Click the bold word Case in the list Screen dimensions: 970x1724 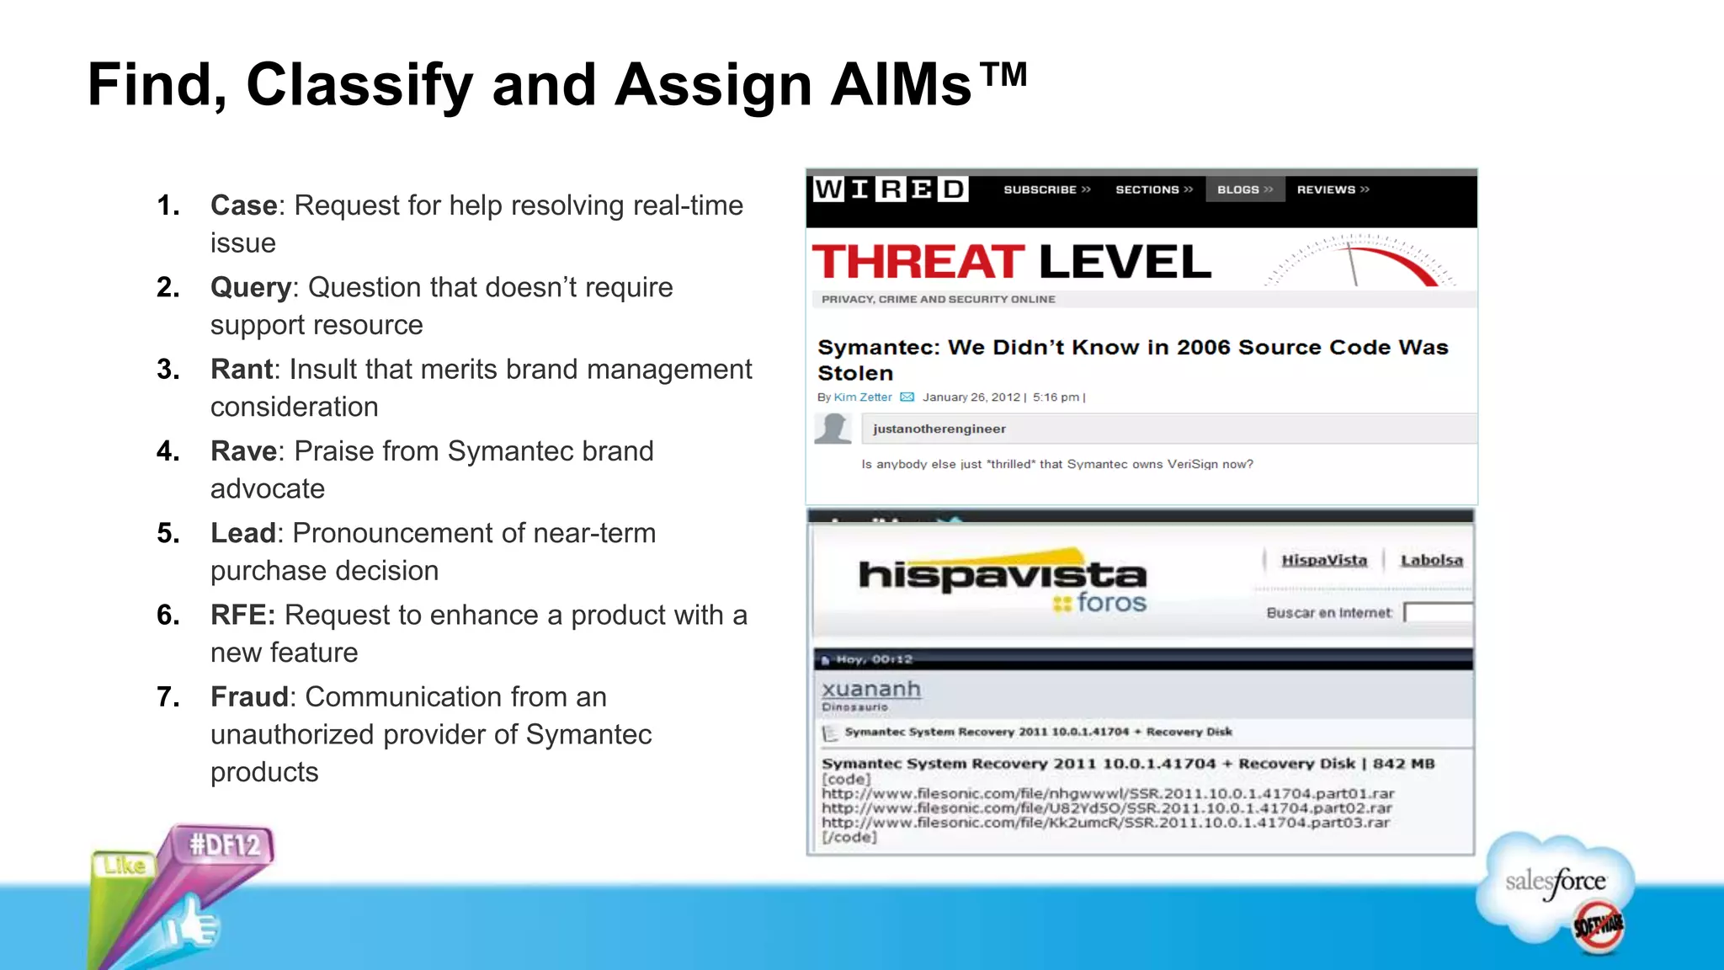point(243,205)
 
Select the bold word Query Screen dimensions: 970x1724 point(250,288)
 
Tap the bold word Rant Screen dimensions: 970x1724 point(242,370)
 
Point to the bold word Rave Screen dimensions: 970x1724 point(243,451)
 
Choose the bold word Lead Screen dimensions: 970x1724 point(242,533)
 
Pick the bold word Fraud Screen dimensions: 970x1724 point(249,697)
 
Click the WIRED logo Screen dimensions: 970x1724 point(891,189)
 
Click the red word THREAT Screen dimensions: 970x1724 point(918,262)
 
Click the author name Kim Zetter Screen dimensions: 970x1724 point(862,397)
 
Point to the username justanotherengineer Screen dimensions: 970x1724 point(939,429)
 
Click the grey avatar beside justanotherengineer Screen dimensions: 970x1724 point(833,429)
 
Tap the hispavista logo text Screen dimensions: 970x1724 point(1002,575)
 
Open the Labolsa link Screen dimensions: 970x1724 point(1431,561)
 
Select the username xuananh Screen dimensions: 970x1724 point(871,690)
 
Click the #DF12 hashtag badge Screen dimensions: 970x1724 point(224,845)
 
